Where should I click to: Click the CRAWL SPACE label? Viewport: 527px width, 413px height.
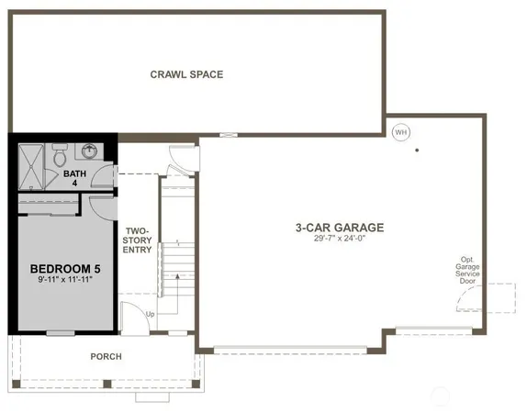click(x=186, y=74)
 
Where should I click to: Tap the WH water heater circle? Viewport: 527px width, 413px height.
click(x=399, y=131)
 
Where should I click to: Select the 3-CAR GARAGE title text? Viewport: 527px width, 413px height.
click(x=339, y=227)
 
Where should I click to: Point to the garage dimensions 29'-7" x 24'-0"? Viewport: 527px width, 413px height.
click(x=339, y=239)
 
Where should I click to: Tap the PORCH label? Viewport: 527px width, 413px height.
click(x=106, y=356)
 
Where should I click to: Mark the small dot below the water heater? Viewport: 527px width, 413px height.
click(x=416, y=150)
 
